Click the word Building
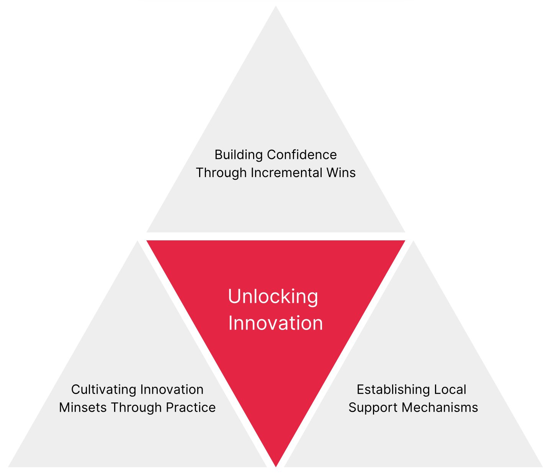(239, 155)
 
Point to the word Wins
(341, 173)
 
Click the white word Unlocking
(273, 297)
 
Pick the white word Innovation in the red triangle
(275, 323)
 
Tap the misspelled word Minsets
(83, 407)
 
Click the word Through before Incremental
(221, 173)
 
